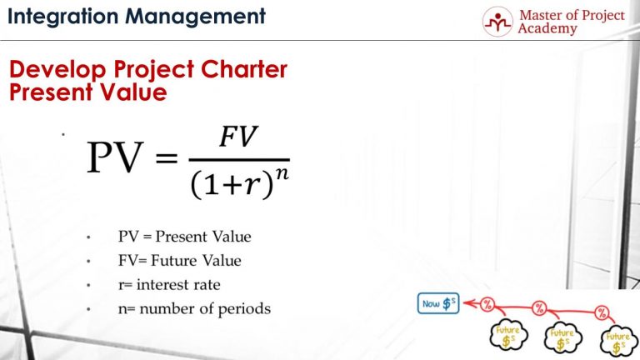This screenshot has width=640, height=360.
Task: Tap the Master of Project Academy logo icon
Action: [x=498, y=22]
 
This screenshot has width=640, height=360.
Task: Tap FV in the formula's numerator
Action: [x=238, y=138]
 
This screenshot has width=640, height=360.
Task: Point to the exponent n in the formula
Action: [x=282, y=172]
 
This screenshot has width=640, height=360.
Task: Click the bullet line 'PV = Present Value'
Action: [x=184, y=237]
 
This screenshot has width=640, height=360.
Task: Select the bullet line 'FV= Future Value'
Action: [x=179, y=261]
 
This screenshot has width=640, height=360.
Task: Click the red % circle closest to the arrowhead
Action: [x=487, y=303]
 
